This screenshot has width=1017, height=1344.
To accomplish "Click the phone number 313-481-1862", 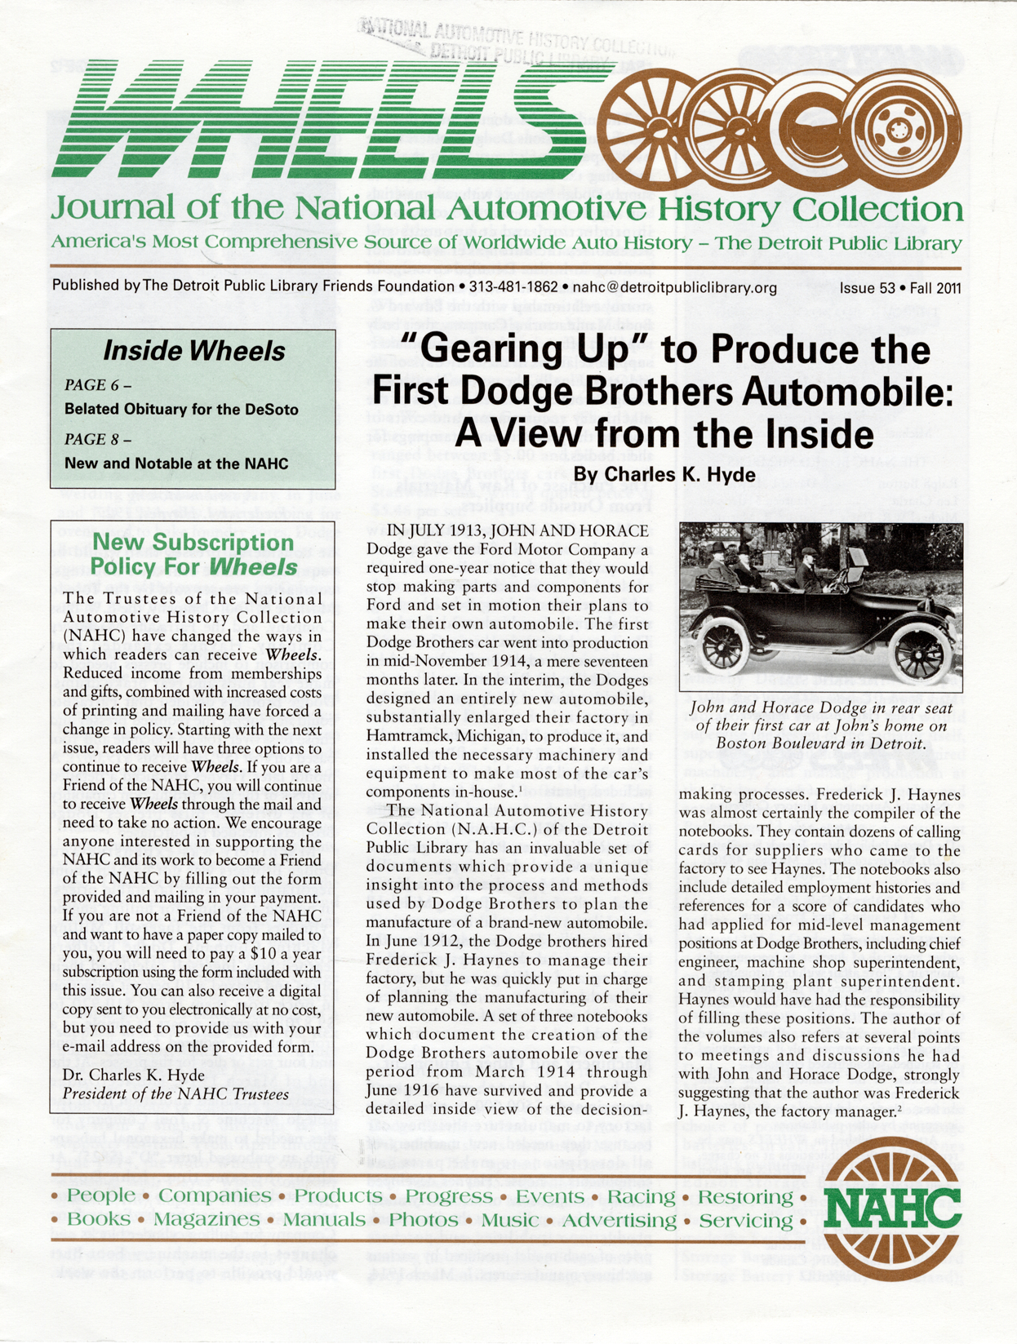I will (512, 287).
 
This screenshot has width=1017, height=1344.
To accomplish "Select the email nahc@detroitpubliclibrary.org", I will (674, 287).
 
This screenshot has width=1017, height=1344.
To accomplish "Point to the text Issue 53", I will (867, 288).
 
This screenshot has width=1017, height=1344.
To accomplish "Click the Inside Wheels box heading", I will (193, 351).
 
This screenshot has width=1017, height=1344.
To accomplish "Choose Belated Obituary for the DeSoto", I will (181, 409).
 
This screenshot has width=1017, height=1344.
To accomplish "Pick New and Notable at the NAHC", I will (176, 464).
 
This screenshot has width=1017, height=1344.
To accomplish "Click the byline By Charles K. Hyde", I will (664, 474).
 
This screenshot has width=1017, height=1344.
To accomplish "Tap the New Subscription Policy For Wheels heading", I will (193, 555).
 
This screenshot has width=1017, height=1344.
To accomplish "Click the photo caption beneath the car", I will (820, 725).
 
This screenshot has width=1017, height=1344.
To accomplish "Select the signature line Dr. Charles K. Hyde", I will (134, 1075).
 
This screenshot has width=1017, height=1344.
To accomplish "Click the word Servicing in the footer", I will (746, 1221).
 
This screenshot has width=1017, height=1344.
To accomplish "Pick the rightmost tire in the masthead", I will (898, 128).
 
